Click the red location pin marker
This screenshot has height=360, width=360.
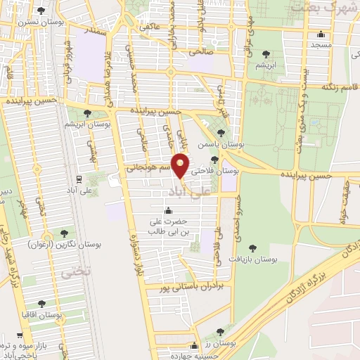tap(182, 165)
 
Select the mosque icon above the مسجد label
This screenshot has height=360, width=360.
tap(321, 34)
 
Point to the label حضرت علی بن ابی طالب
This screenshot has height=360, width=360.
tap(168, 227)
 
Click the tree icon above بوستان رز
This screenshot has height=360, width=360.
tap(221, 330)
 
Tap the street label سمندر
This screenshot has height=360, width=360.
tap(96, 32)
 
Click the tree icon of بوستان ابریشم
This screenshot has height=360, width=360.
tap(87, 112)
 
